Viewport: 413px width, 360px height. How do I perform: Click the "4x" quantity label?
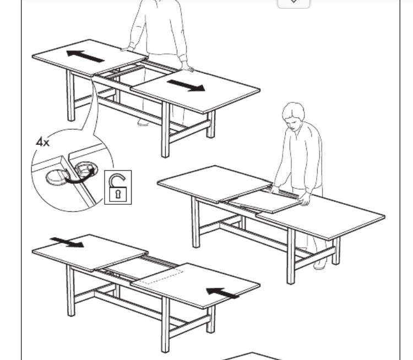click(x=42, y=143)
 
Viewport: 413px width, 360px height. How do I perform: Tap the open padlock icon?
click(x=118, y=188)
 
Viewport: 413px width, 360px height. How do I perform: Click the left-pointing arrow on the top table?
click(x=85, y=56)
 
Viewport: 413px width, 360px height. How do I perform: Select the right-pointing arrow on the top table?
click(x=186, y=85)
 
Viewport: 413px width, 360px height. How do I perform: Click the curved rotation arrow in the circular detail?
click(x=79, y=177)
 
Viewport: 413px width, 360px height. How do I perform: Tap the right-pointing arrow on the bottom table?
click(x=67, y=243)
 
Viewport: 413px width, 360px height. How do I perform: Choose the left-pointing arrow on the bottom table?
click(x=222, y=293)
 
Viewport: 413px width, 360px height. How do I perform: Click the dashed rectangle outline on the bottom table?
click(x=161, y=276)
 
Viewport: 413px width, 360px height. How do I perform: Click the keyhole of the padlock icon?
click(x=118, y=195)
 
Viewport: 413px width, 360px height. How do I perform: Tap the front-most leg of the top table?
click(x=165, y=129)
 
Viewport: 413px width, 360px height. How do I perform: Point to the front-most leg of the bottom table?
click(x=165, y=324)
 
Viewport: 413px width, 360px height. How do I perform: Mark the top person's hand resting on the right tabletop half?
click(x=188, y=67)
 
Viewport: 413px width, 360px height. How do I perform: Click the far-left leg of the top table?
click(x=70, y=96)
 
